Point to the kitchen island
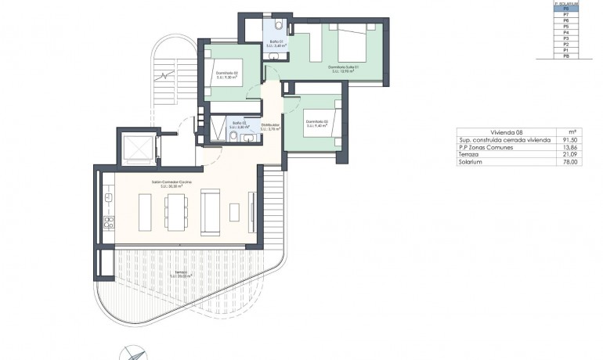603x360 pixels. [x=146, y=212]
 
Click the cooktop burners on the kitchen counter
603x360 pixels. [x=109, y=221]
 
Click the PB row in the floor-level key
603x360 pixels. [x=565, y=56]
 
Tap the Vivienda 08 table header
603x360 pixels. [x=501, y=132]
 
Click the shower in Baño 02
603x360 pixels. [x=215, y=128]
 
